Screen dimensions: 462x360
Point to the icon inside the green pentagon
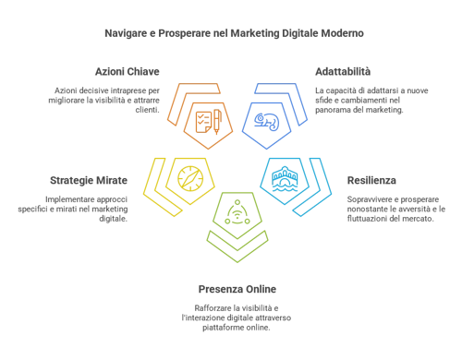point(237,214)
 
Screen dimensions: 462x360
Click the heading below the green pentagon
point(236,289)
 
